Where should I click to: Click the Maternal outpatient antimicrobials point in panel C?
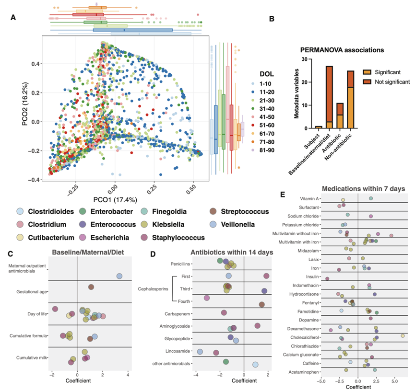pos(119,276)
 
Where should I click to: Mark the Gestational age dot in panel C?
pos(91,287)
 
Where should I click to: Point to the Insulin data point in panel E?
pos(327,278)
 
